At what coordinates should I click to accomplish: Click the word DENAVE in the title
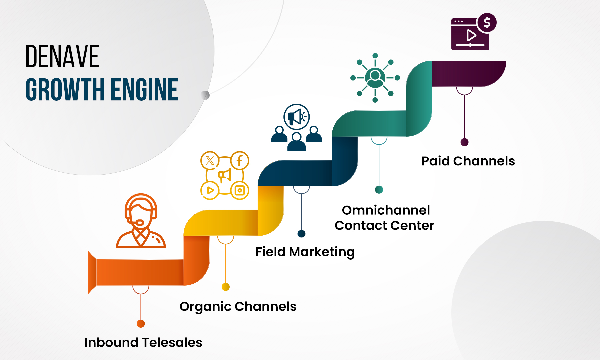pyautogui.click(x=62, y=57)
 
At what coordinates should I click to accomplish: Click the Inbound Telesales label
pyautogui.click(x=143, y=342)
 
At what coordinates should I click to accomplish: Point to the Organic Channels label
pyautogui.click(x=238, y=306)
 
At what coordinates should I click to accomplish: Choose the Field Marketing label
pyautogui.click(x=305, y=252)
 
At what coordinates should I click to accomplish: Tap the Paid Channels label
pyautogui.click(x=468, y=161)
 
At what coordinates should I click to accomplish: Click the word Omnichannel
pyautogui.click(x=386, y=210)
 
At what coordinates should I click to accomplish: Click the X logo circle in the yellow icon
pyautogui.click(x=210, y=161)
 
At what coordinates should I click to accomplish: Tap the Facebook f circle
pyautogui.click(x=239, y=161)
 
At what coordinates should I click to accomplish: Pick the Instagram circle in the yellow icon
pyautogui.click(x=240, y=190)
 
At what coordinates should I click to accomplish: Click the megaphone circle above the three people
pyautogui.click(x=296, y=117)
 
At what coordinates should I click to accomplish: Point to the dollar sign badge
pyautogui.click(x=487, y=23)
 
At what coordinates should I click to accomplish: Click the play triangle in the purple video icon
pyautogui.click(x=471, y=35)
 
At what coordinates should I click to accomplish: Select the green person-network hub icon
pyautogui.click(x=375, y=78)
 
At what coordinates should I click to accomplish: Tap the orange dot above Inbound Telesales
pyautogui.click(x=141, y=324)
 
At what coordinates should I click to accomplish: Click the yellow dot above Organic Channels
pyautogui.click(x=226, y=287)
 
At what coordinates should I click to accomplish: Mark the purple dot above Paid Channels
pyautogui.click(x=464, y=142)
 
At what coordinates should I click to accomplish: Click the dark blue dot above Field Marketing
pyautogui.click(x=301, y=234)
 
